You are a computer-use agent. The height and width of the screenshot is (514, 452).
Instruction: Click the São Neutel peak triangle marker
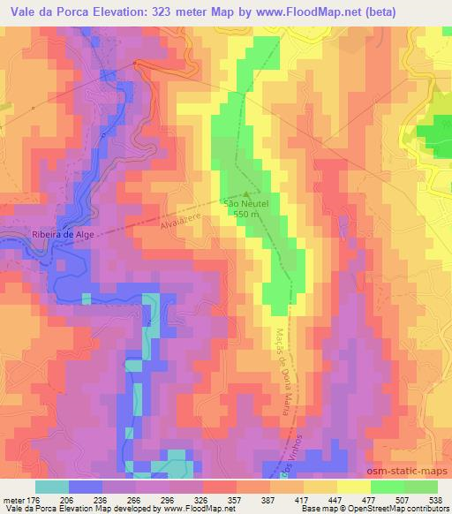(x=246, y=196)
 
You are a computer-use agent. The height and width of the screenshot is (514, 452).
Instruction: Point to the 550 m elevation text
(x=246, y=214)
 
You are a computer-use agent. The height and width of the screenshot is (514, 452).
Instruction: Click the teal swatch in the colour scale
(x=52, y=486)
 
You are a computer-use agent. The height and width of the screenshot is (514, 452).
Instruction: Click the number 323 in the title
(x=156, y=12)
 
